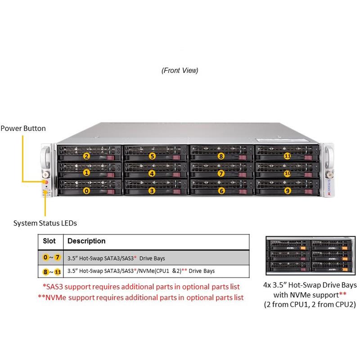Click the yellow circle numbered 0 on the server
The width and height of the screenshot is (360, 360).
[87, 190]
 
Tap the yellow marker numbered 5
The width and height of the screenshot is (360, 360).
[153, 156]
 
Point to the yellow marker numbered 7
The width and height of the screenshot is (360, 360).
[220, 173]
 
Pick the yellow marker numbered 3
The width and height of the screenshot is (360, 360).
[153, 190]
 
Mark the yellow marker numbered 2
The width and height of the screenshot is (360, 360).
[87, 156]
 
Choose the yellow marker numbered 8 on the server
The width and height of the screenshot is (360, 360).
[220, 156]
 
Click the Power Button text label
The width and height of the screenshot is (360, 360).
[23, 128]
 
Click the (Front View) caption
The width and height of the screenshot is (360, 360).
[180, 71]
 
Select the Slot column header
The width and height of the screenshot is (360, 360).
[49, 241]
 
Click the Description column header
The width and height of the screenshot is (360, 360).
[86, 241]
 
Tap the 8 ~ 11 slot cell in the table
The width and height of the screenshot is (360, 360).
[51, 271]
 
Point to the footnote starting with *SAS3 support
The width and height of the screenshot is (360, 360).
[141, 287]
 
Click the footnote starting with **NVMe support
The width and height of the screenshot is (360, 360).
[141, 297]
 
